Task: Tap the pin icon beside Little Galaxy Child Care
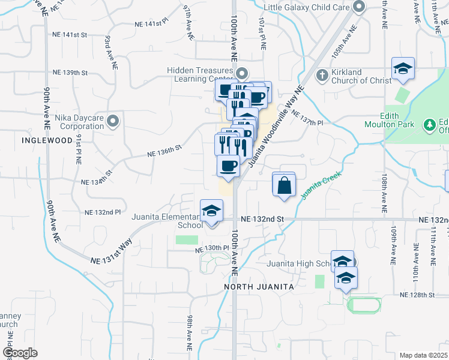click(360, 7)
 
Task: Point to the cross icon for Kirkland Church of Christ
click(322, 76)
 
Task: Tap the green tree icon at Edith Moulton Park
click(429, 125)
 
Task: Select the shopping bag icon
click(284, 185)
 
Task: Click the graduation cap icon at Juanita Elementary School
click(211, 212)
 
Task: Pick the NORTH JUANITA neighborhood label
click(259, 287)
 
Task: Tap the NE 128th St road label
click(417, 295)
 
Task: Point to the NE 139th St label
click(70, 73)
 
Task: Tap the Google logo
click(20, 352)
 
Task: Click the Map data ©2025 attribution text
click(423, 355)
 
